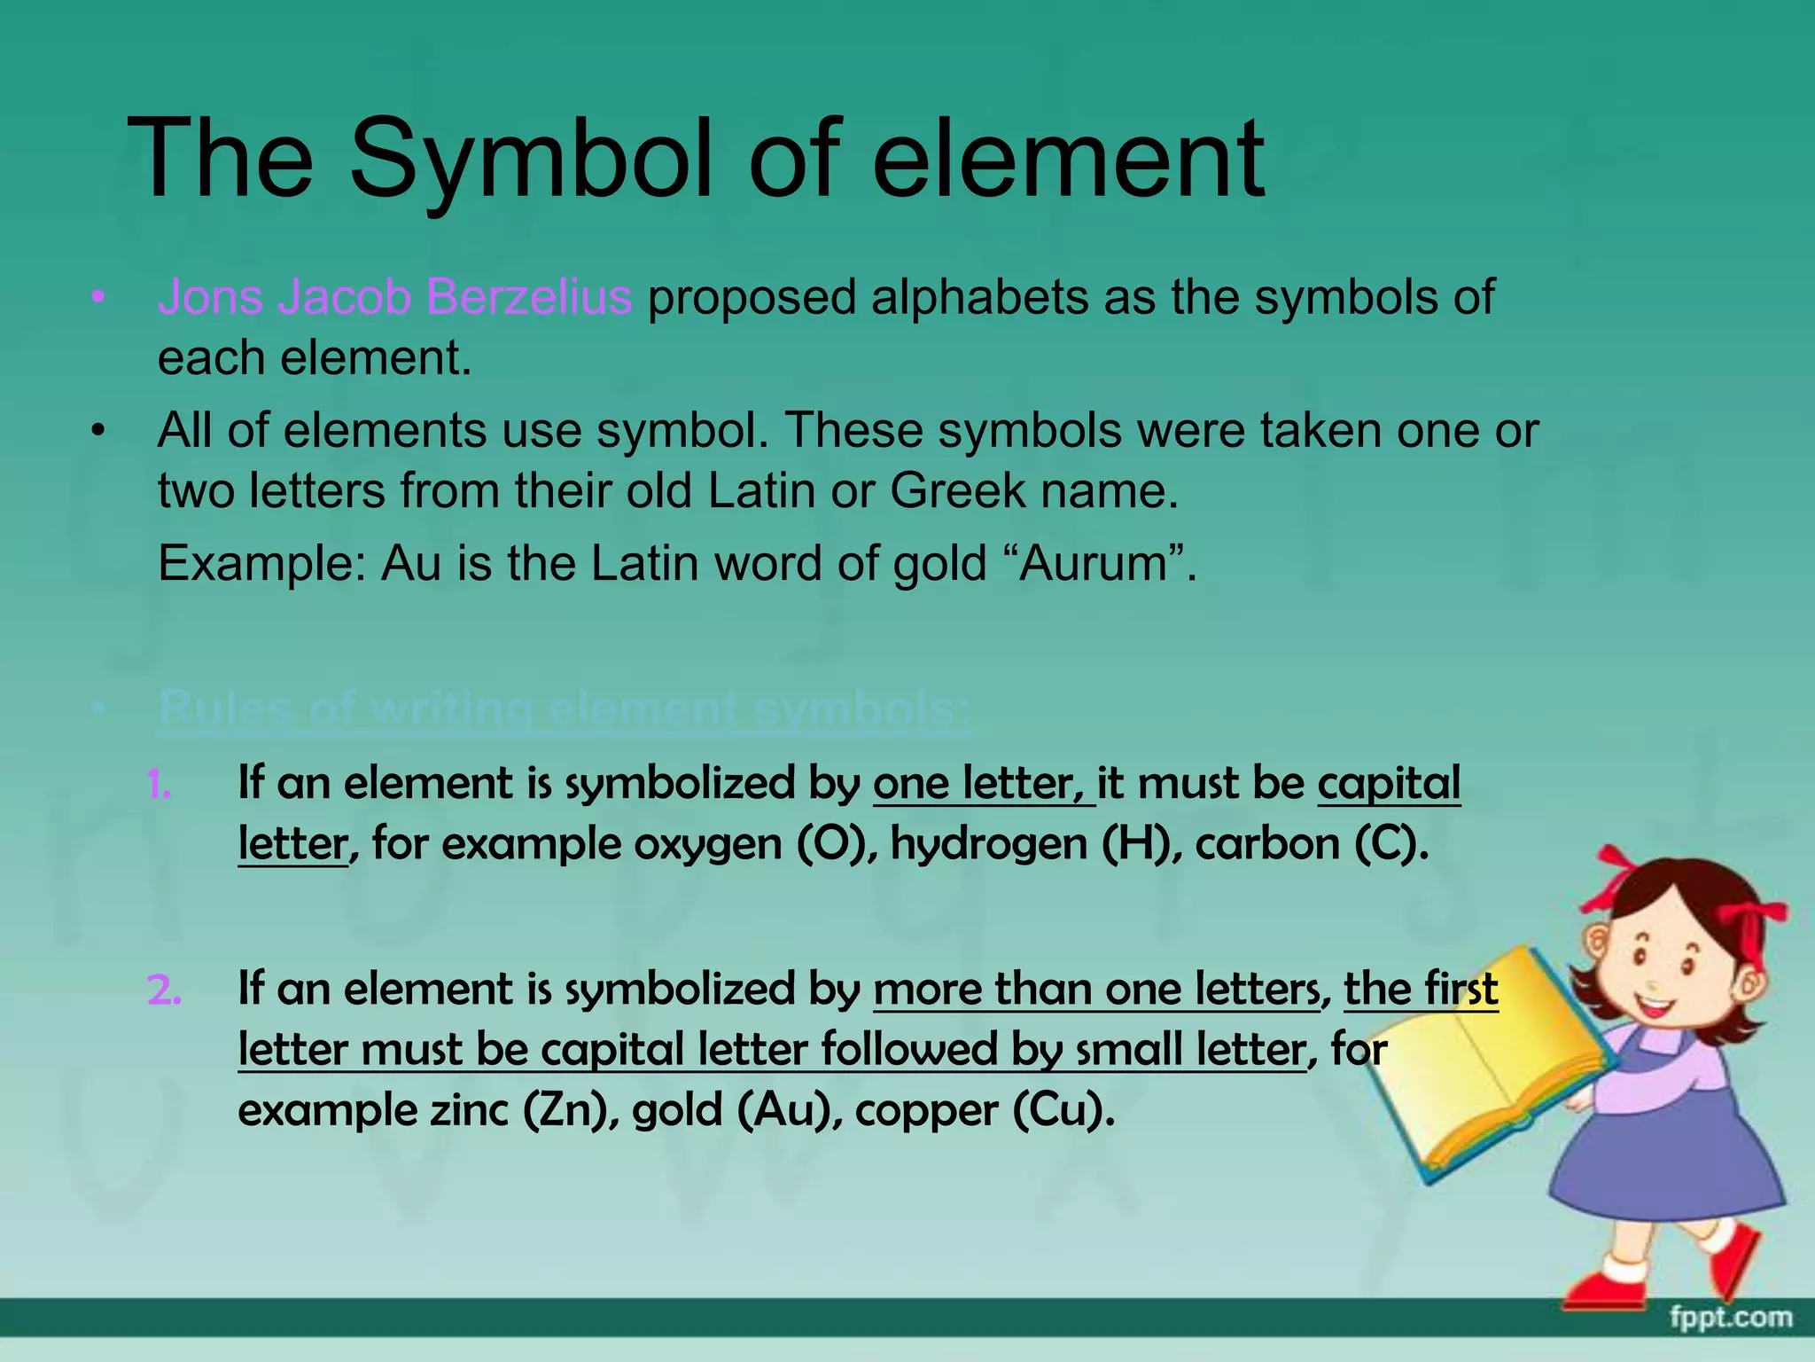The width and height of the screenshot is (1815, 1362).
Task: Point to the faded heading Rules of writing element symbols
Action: click(565, 710)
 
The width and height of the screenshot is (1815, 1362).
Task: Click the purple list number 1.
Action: click(160, 786)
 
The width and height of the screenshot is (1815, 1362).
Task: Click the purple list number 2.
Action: click(164, 990)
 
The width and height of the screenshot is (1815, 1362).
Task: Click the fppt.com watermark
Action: click(1730, 1317)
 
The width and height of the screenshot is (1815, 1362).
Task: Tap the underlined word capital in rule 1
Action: click(1389, 784)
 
